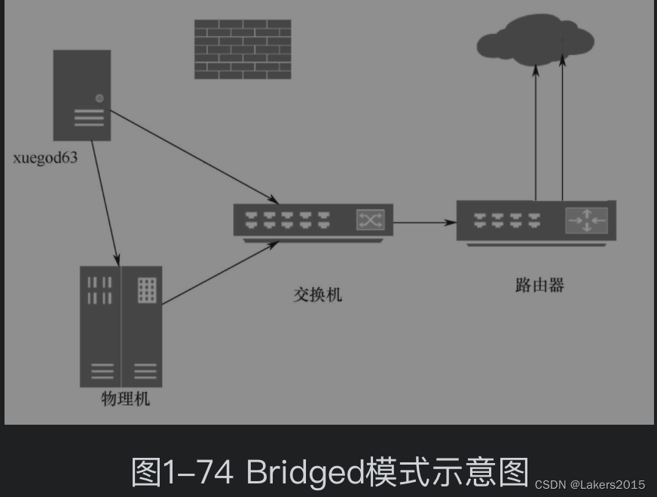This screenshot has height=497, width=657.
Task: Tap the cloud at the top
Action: [536, 40]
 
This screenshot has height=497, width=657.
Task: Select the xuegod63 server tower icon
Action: [82, 95]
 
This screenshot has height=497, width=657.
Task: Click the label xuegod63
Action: [45, 158]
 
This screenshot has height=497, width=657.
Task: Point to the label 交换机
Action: [317, 294]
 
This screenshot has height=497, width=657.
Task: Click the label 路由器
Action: [539, 285]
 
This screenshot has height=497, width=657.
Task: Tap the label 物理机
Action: [126, 398]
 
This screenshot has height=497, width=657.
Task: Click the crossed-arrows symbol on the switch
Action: [370, 219]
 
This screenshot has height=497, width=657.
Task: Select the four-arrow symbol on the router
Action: [586, 219]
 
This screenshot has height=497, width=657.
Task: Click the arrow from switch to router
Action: [425, 222]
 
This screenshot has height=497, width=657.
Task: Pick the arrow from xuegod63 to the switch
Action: [194, 157]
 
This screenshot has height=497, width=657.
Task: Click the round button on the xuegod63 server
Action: [99, 98]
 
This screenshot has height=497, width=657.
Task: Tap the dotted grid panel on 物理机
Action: [146, 290]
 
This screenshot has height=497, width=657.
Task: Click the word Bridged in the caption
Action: [304, 471]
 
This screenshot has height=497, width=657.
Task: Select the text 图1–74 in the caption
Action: [185, 471]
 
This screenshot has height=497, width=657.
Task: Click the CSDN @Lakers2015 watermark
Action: [590, 484]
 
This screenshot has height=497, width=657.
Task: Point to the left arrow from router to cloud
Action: [536, 132]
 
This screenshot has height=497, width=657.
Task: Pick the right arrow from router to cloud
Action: [562, 132]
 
